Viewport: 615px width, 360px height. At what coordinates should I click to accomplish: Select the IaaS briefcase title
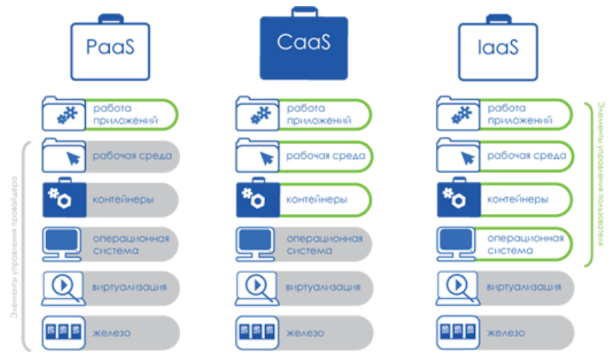pos(498,48)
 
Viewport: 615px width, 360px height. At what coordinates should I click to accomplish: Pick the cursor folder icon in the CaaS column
pos(257,157)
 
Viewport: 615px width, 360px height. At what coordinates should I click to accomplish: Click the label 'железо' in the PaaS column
pos(111,333)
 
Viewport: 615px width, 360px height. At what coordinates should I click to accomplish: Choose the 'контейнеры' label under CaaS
pos(317,200)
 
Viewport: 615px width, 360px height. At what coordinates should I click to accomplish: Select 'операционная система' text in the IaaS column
pos(525,244)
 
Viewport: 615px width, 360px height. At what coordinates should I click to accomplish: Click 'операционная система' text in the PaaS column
pos(130,244)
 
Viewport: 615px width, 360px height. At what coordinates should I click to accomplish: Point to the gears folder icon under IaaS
pos(458,114)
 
